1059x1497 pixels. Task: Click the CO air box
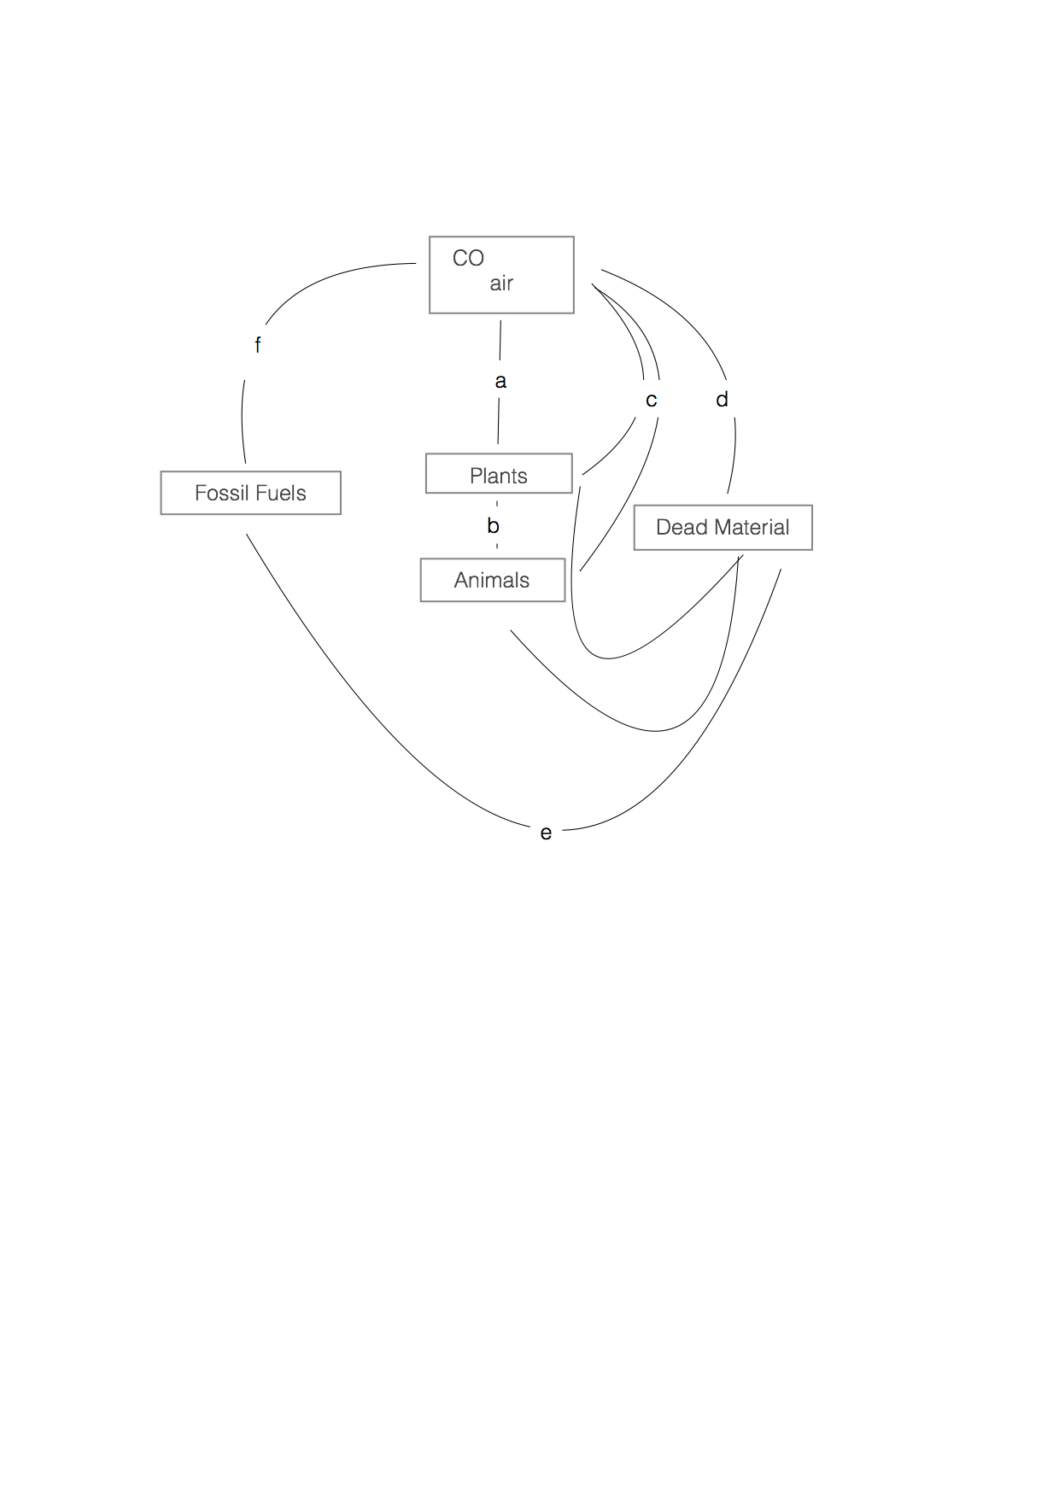pyautogui.click(x=501, y=275)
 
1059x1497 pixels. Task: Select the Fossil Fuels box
pyautogui.click(x=250, y=493)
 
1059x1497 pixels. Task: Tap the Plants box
pyautogui.click(x=499, y=474)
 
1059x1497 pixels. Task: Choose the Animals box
pyautogui.click(x=492, y=580)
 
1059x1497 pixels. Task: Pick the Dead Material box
pyautogui.click(x=723, y=527)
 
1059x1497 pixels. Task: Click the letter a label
pyautogui.click(x=500, y=381)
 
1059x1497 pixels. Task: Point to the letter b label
pyautogui.click(x=493, y=526)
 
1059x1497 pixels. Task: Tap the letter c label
pyautogui.click(x=651, y=400)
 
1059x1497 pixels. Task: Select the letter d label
pyautogui.click(x=722, y=399)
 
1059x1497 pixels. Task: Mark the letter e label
pyautogui.click(x=546, y=833)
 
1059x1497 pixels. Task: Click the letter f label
pyautogui.click(x=257, y=345)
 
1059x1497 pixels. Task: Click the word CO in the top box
pyautogui.click(x=468, y=258)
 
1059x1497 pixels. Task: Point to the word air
pyautogui.click(x=501, y=284)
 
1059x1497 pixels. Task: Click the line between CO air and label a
pyautogui.click(x=500, y=340)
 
